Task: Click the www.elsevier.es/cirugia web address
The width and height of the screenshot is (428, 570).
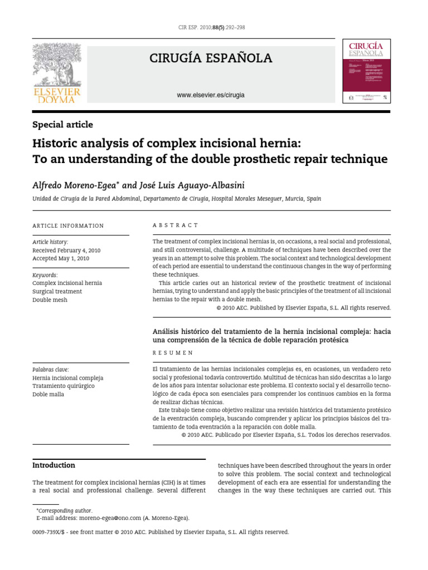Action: pos(211,95)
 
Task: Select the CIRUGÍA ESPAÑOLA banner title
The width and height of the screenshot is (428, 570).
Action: pos(211,58)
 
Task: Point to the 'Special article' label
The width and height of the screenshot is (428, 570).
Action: pos(62,125)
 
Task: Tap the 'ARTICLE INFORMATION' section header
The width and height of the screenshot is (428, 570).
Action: pos(68,225)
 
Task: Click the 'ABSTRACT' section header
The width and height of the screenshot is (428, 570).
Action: pos(175,225)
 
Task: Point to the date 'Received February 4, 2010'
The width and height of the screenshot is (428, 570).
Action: pos(67,250)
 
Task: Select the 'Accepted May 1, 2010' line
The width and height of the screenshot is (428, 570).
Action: pos(61,259)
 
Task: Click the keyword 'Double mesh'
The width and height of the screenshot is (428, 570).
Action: pos(50,300)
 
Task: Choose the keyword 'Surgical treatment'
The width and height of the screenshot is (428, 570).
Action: pos(57,292)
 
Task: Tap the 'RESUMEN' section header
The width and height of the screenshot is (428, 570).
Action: pos(173,353)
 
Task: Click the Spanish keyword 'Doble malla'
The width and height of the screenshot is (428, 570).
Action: pos(48,395)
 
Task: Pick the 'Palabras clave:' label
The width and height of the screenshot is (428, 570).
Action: pos(51,370)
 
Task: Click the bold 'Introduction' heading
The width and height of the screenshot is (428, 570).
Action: pos(53,465)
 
